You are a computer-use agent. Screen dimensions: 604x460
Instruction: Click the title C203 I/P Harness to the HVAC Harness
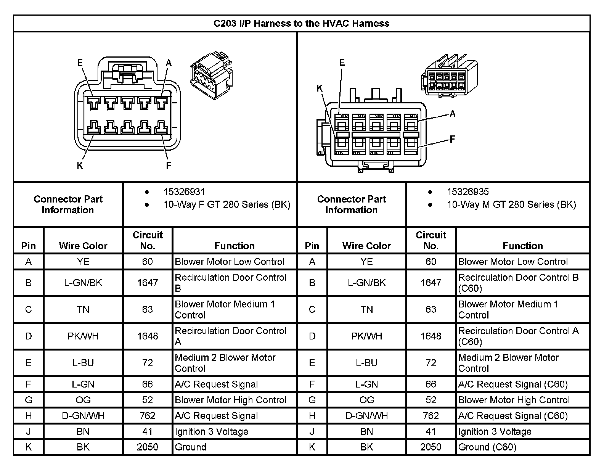pos(301,23)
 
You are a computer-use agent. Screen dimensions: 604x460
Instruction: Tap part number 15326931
pos(184,192)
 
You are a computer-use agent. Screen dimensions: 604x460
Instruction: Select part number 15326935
pos(467,192)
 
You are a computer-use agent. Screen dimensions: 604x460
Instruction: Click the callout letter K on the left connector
pos(80,166)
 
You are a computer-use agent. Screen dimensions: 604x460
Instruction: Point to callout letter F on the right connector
pos(453,139)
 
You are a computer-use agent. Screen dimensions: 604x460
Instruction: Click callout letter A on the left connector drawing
pos(169,63)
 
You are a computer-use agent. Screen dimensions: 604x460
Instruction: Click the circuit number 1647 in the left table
pos(148,283)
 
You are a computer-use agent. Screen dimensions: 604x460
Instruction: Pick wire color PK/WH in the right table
pos(366,336)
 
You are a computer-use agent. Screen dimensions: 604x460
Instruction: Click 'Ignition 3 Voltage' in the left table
pos(212,431)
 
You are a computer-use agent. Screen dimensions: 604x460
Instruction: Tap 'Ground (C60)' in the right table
pos(487,447)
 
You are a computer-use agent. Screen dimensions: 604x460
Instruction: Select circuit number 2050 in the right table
pos(431,447)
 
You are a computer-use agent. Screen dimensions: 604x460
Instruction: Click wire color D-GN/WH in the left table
pos(83,416)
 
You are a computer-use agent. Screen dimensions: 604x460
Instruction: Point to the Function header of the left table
pos(235,246)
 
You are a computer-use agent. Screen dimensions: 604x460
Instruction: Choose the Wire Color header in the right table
pos(366,246)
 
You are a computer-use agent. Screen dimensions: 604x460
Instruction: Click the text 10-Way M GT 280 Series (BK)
pos(511,205)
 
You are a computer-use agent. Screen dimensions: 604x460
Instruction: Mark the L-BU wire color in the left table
pos(83,363)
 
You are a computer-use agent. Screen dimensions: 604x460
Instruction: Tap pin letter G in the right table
pos(312,400)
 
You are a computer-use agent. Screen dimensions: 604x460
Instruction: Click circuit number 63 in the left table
pos(148,309)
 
